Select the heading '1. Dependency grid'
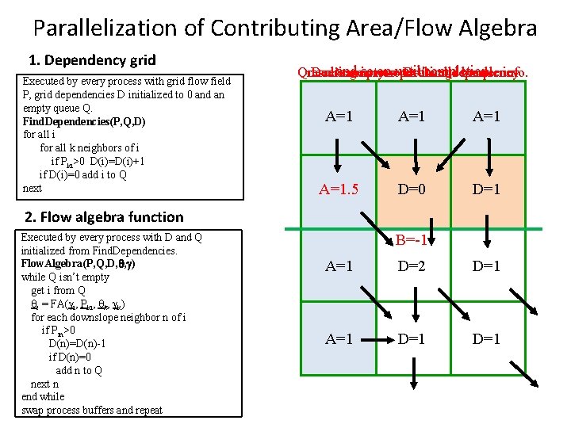coord(92,60)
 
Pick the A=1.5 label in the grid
coord(339,189)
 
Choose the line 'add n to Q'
coord(79,370)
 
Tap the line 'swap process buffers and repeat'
coord(91,410)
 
